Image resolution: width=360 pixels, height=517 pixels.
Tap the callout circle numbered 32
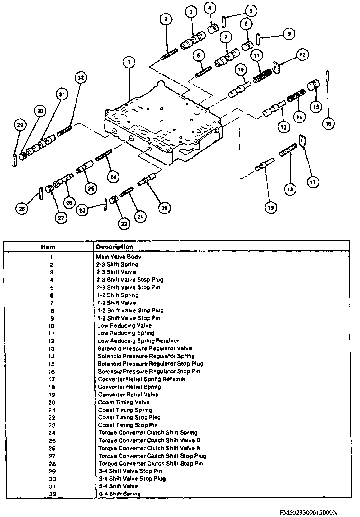tap(80, 78)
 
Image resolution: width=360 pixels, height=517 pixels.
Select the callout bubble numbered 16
tap(328, 123)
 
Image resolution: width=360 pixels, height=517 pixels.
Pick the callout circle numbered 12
tap(302, 55)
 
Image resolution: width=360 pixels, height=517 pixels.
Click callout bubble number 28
tap(22, 209)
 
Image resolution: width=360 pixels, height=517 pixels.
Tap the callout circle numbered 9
tap(289, 34)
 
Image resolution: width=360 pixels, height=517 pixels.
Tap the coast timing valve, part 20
tap(148, 179)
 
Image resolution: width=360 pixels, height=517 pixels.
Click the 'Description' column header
tap(115, 247)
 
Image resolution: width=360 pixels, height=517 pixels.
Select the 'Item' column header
tap(48, 247)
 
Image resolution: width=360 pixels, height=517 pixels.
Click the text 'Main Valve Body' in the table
tap(119, 257)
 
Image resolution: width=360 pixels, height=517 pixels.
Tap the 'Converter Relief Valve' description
tap(128, 395)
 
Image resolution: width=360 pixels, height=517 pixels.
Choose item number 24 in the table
tap(52, 433)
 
